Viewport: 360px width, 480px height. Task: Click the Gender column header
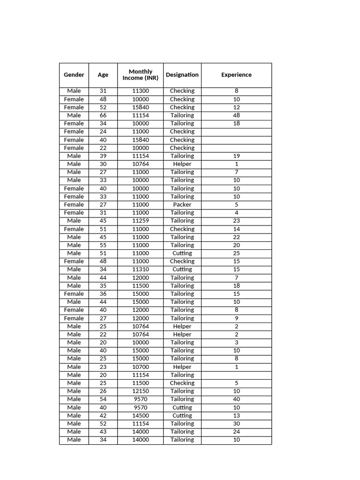pyautogui.click(x=74, y=75)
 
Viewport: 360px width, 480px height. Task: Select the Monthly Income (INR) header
pyautogui.click(x=141, y=75)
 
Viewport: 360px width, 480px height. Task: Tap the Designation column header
pyautogui.click(x=182, y=75)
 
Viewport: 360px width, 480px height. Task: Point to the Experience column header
pyautogui.click(x=236, y=75)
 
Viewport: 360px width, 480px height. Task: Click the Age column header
pyautogui.click(x=103, y=75)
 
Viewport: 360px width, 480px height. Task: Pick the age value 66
pyautogui.click(x=103, y=115)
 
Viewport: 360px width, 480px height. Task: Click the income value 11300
pyautogui.click(x=141, y=91)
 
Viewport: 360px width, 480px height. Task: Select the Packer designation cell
pyautogui.click(x=182, y=204)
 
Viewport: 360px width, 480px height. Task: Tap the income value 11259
pyautogui.click(x=141, y=221)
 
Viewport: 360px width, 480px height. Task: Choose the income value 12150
pyautogui.click(x=141, y=391)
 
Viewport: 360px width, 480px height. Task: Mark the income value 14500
pyautogui.click(x=141, y=415)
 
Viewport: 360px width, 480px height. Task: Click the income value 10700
pyautogui.click(x=141, y=367)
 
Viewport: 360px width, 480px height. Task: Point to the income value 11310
pyautogui.click(x=141, y=270)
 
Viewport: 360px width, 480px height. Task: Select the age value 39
pyautogui.click(x=103, y=156)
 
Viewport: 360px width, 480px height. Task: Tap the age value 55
pyautogui.click(x=103, y=245)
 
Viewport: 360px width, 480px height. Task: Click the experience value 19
pyautogui.click(x=236, y=156)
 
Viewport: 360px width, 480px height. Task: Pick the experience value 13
pyautogui.click(x=236, y=415)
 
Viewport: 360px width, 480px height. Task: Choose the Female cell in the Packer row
pyautogui.click(x=74, y=204)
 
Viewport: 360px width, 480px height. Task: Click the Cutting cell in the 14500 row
pyautogui.click(x=182, y=415)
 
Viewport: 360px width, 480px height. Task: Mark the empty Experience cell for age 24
pyautogui.click(x=236, y=132)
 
